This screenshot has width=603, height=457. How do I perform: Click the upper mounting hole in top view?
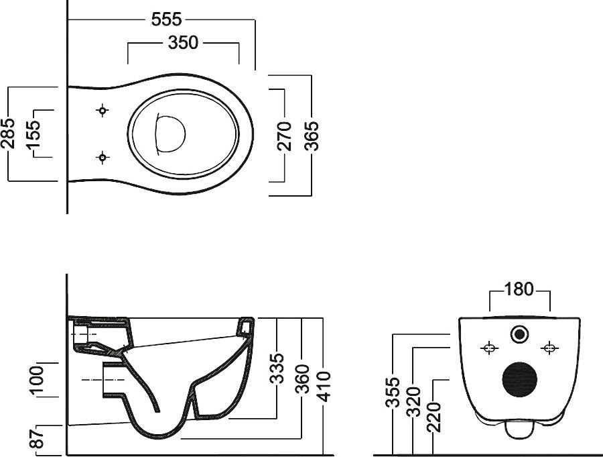(x=102, y=110)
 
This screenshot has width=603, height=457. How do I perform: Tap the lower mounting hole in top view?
(x=102, y=158)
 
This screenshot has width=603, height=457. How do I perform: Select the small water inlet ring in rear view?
(x=519, y=334)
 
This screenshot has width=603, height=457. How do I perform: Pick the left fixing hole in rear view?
(x=488, y=348)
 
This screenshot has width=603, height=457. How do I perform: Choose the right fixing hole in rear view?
(x=549, y=348)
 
